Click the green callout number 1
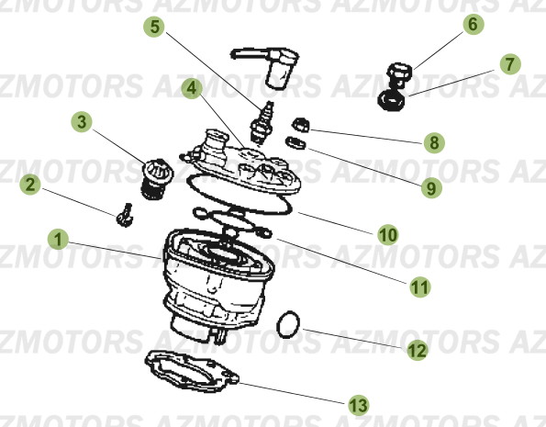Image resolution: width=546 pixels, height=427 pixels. [x=58, y=239]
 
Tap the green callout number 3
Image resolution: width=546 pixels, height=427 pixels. [x=82, y=121]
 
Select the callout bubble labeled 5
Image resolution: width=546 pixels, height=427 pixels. [x=154, y=27]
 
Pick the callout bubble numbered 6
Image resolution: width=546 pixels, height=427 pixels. [x=474, y=24]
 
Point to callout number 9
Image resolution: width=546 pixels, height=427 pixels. [x=431, y=188]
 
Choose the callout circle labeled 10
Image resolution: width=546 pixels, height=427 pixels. [x=388, y=234]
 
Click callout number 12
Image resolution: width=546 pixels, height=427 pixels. [x=418, y=350]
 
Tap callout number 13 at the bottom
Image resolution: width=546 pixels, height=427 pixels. [x=359, y=405]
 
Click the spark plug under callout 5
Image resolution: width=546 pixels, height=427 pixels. [x=262, y=123]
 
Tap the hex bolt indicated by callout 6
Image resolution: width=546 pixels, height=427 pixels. [x=399, y=75]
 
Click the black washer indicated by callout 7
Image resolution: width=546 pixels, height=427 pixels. [x=392, y=100]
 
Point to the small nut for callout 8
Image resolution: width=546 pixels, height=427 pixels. [x=301, y=125]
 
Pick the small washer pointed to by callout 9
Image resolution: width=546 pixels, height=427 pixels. [x=295, y=142]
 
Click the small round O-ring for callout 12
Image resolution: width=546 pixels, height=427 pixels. [x=288, y=324]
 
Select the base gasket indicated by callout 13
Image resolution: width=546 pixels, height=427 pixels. [x=192, y=371]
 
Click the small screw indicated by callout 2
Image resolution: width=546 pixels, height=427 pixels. [x=125, y=215]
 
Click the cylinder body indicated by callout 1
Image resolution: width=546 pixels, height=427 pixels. [x=218, y=286]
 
